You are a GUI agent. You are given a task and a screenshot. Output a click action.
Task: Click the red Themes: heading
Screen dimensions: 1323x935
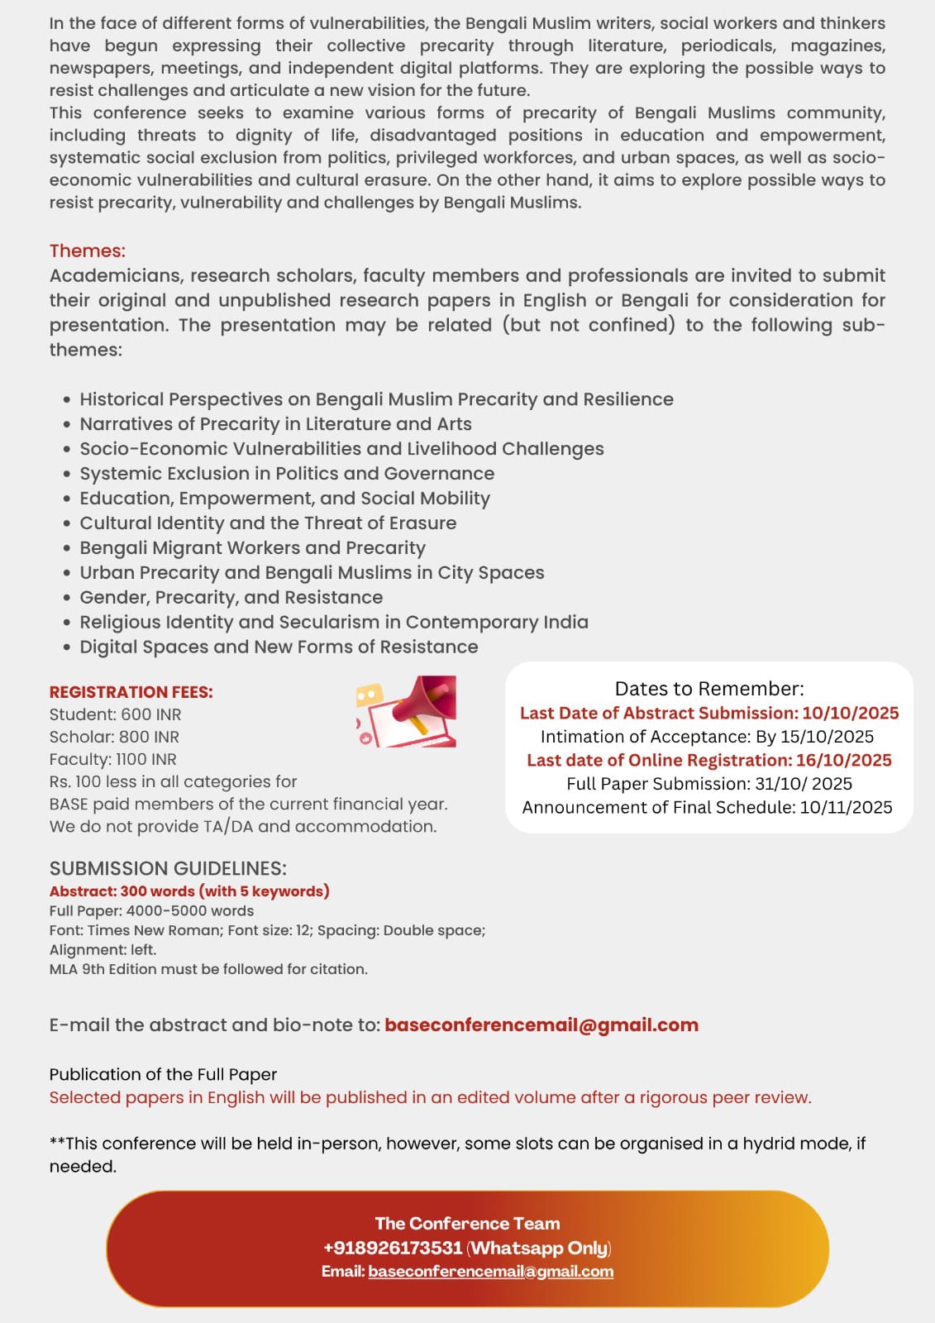[x=87, y=251]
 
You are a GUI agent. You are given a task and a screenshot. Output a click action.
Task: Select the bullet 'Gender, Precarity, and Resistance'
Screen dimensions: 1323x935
[x=231, y=597]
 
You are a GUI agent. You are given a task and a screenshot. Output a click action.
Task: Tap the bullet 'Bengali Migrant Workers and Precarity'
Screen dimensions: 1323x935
[x=252, y=547]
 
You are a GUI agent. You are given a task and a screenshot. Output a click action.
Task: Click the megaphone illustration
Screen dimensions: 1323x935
[x=407, y=712]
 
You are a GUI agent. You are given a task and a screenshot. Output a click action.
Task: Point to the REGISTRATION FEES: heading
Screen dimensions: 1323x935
[x=131, y=692]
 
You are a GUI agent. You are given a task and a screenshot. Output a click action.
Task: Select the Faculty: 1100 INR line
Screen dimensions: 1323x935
[x=112, y=759]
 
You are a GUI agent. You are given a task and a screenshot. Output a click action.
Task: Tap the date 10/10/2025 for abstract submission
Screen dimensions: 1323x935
[x=850, y=713]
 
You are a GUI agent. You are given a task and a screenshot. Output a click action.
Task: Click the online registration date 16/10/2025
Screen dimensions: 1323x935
[x=843, y=760]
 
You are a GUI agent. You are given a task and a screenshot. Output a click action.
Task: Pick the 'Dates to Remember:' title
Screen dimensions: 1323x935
[x=708, y=689]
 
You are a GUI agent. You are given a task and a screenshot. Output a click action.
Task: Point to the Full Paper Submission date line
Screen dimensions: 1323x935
[x=708, y=783]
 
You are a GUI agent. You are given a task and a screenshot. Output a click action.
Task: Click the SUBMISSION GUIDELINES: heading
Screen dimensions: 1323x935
[x=168, y=868]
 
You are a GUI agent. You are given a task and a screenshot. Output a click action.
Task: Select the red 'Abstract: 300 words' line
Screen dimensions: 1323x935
[x=189, y=891]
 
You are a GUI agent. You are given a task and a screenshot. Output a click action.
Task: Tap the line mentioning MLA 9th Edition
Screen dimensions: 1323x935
[x=208, y=969]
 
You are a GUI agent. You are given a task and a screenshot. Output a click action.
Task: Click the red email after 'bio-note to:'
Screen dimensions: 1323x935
[x=541, y=1024]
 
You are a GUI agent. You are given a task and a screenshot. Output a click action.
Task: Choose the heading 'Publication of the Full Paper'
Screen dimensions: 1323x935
[x=163, y=1074]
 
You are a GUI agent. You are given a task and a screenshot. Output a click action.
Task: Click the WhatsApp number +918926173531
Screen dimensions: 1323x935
[x=393, y=1248]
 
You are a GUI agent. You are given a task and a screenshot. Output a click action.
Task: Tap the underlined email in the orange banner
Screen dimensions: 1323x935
[x=490, y=1271]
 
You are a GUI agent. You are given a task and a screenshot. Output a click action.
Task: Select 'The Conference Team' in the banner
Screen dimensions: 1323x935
[x=467, y=1223]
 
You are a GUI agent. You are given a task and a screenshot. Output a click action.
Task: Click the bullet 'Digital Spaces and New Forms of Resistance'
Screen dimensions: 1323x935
[x=279, y=647]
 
